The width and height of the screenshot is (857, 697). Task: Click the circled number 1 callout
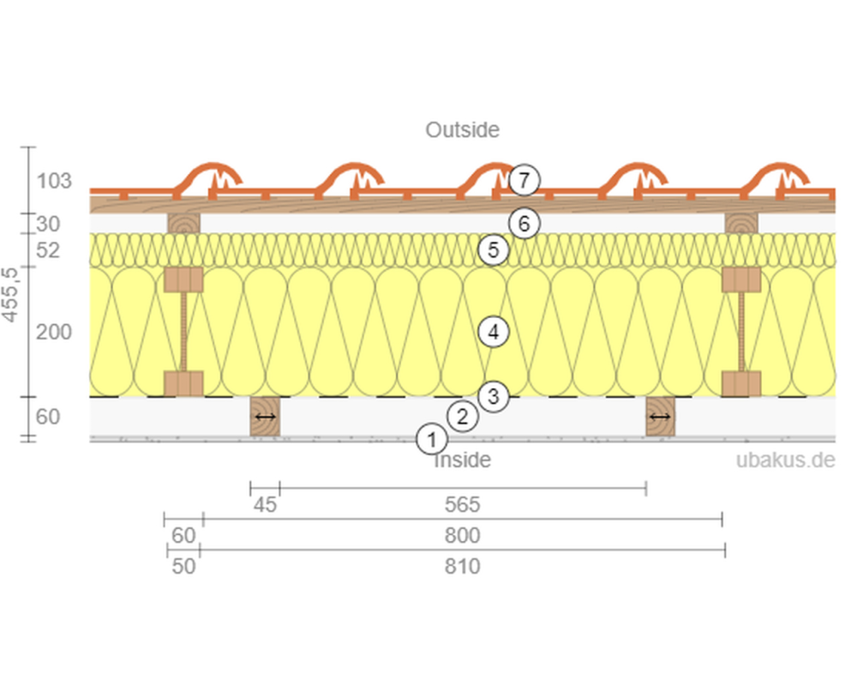431,440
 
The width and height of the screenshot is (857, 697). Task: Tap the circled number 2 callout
463,418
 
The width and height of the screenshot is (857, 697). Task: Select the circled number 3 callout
494,396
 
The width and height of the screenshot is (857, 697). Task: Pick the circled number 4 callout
494,332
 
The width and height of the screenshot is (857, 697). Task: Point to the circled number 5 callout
494,250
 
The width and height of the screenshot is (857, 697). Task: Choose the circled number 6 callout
524,224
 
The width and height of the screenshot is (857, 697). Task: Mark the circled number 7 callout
524,181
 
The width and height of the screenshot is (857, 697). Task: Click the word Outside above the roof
462,130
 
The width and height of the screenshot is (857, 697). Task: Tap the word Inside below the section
463,460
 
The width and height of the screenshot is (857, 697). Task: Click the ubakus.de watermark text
785,460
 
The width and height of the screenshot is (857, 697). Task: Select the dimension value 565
463,505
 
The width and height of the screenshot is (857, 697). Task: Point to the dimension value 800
463,536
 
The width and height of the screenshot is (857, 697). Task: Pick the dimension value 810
463,566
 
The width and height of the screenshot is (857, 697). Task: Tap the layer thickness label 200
54,332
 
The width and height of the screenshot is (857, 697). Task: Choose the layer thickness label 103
54,181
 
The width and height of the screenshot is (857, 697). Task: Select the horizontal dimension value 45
266,505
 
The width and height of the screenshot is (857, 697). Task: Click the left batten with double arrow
265,417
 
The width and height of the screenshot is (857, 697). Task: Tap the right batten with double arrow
660,417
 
